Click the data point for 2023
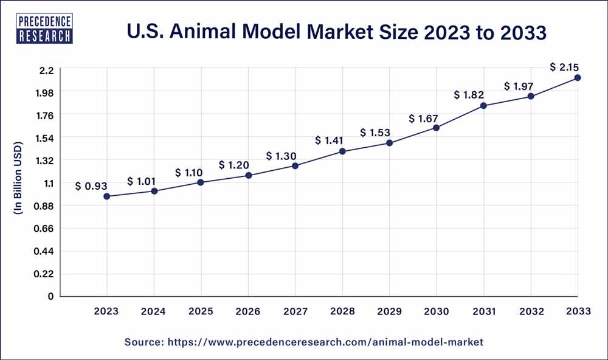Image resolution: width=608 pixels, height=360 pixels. [107, 196]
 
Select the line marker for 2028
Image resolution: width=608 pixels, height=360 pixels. [342, 151]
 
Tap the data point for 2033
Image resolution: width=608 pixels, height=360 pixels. [578, 78]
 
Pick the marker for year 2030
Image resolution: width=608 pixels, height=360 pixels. [437, 128]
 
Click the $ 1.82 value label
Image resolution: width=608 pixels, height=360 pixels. [469, 95]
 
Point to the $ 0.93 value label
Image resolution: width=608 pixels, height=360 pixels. [92, 186]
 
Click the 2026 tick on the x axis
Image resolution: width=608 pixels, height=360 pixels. [248, 311]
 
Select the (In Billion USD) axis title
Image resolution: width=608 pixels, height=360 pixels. [18, 178]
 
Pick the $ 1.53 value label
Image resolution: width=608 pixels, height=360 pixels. [375, 132]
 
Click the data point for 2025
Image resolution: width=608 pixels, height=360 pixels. [201, 182]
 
